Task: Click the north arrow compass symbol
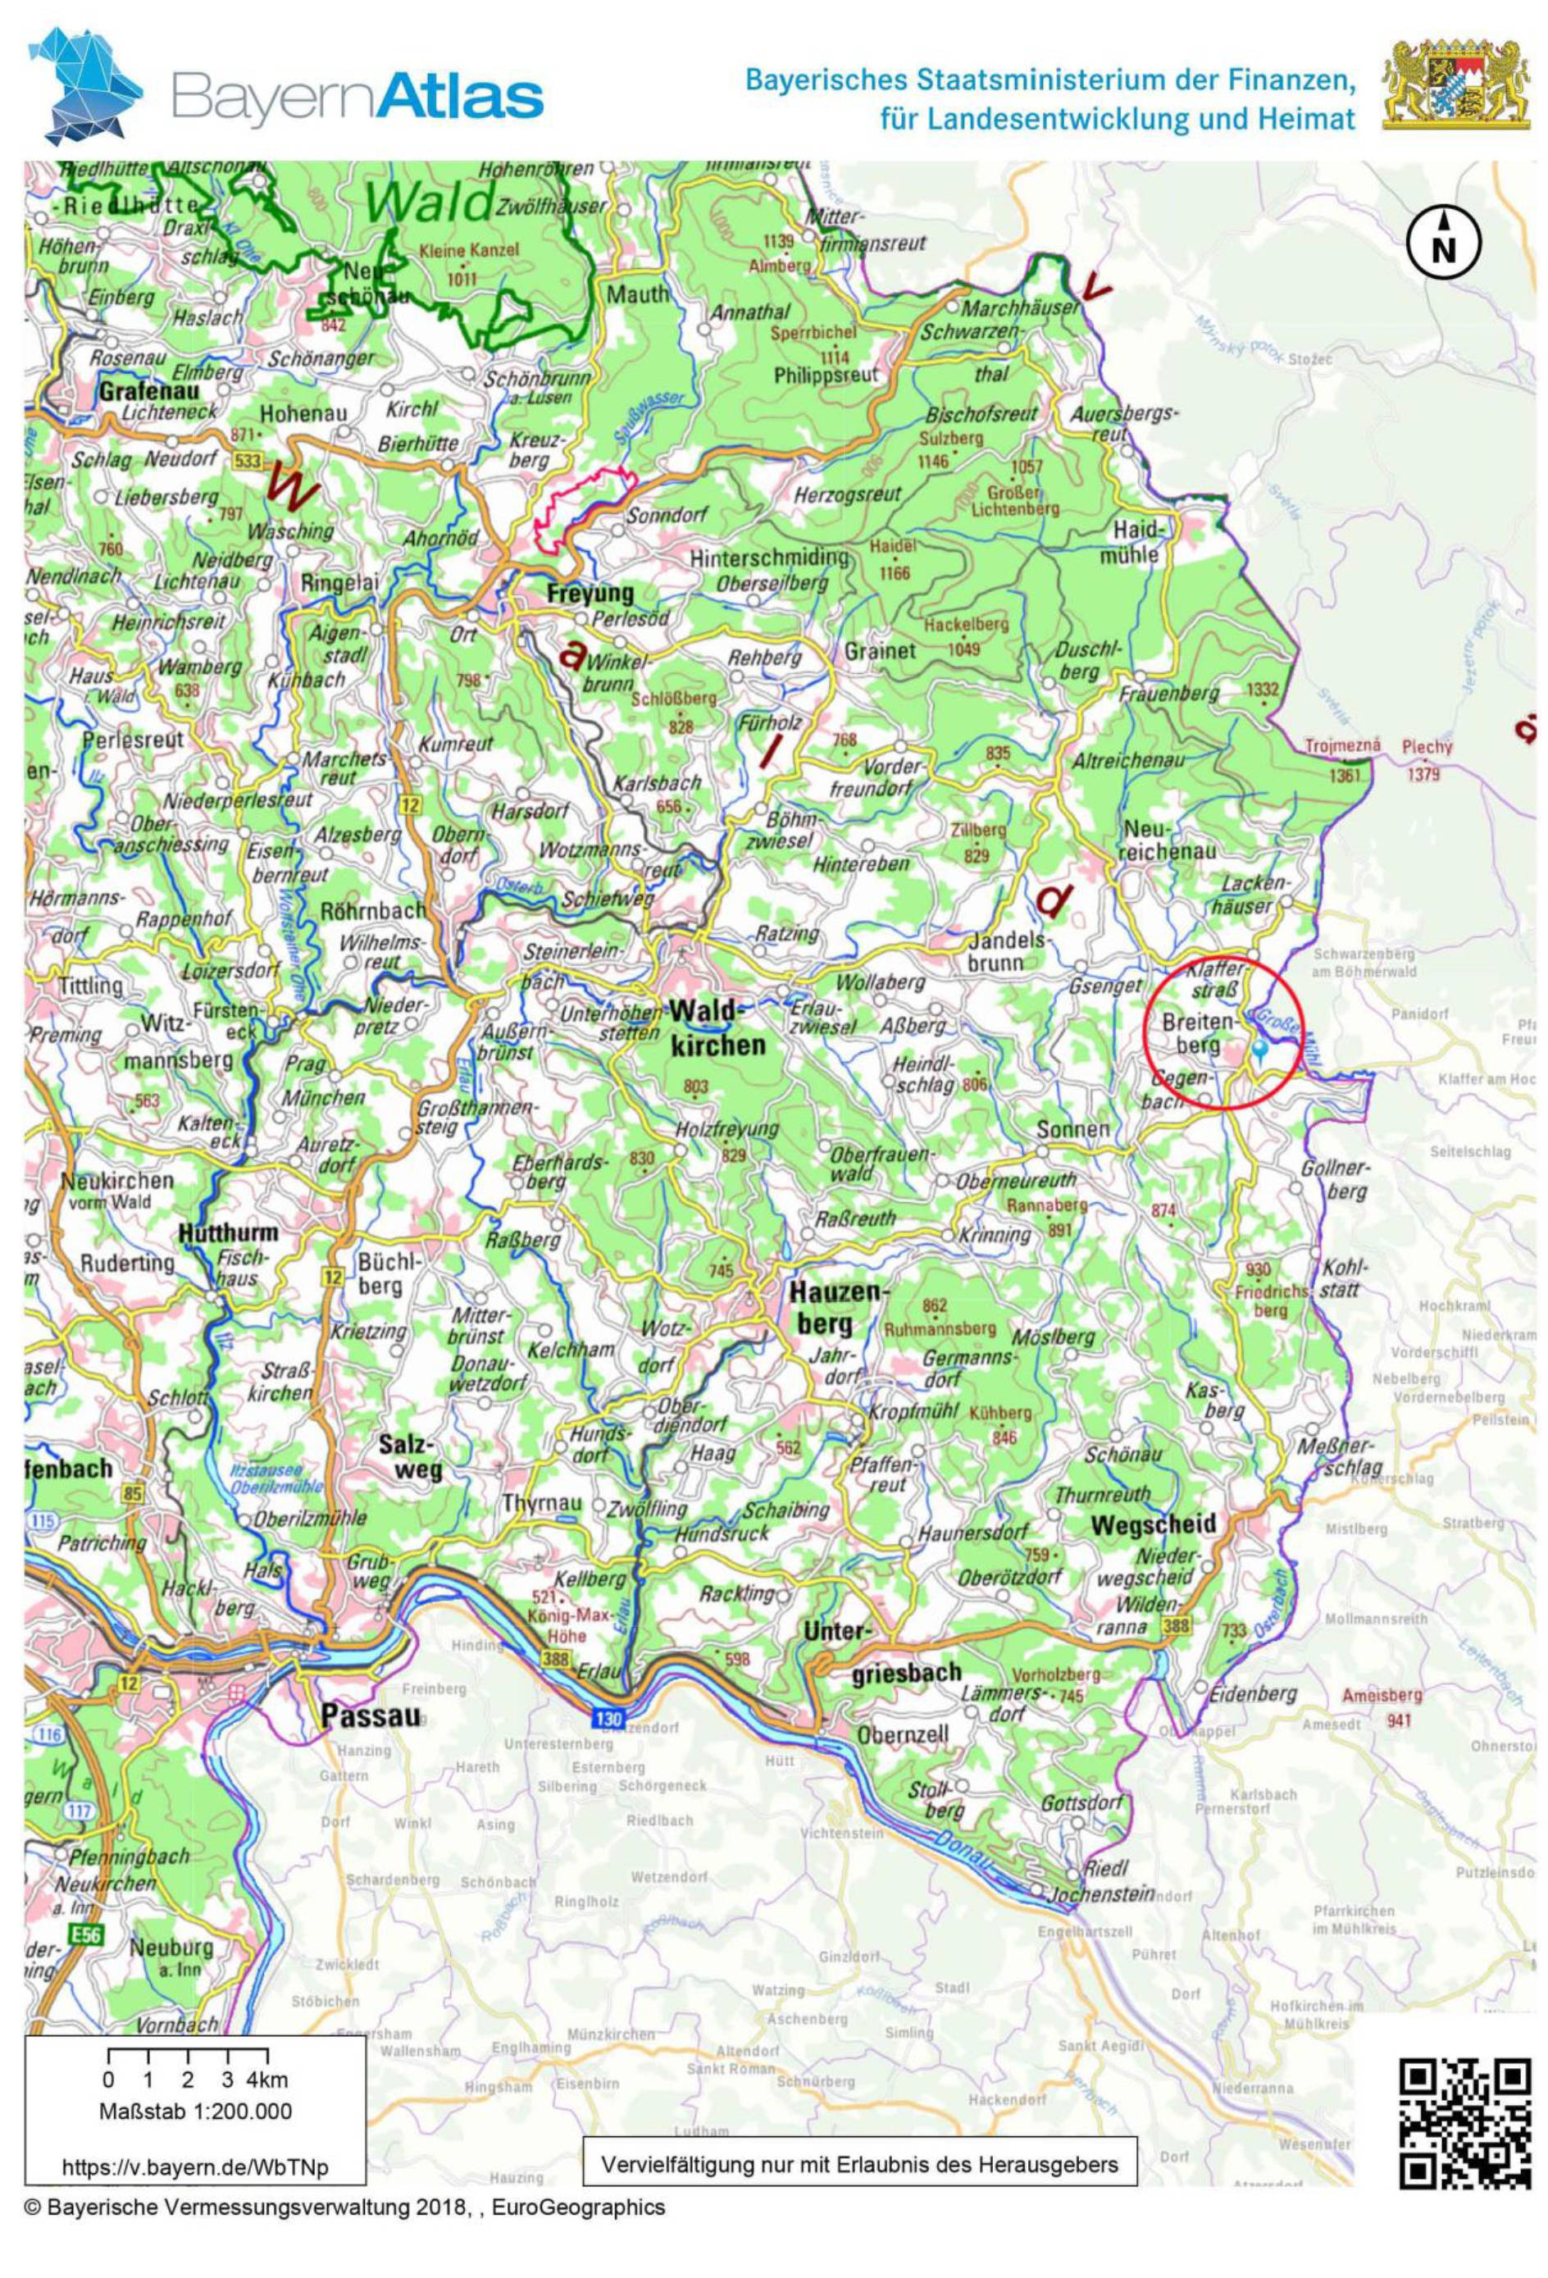click(x=1443, y=245)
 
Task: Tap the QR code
click(x=1464, y=2123)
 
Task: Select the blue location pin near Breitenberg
click(x=1261, y=1049)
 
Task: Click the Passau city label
click(x=371, y=1715)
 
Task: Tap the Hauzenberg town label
click(x=836, y=1309)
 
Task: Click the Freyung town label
click(x=590, y=593)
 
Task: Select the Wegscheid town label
click(x=1153, y=1524)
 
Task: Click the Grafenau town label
click(x=148, y=391)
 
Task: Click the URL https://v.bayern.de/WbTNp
click(x=195, y=2167)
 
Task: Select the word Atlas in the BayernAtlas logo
click(x=460, y=98)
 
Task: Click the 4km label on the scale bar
click(x=266, y=2079)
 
